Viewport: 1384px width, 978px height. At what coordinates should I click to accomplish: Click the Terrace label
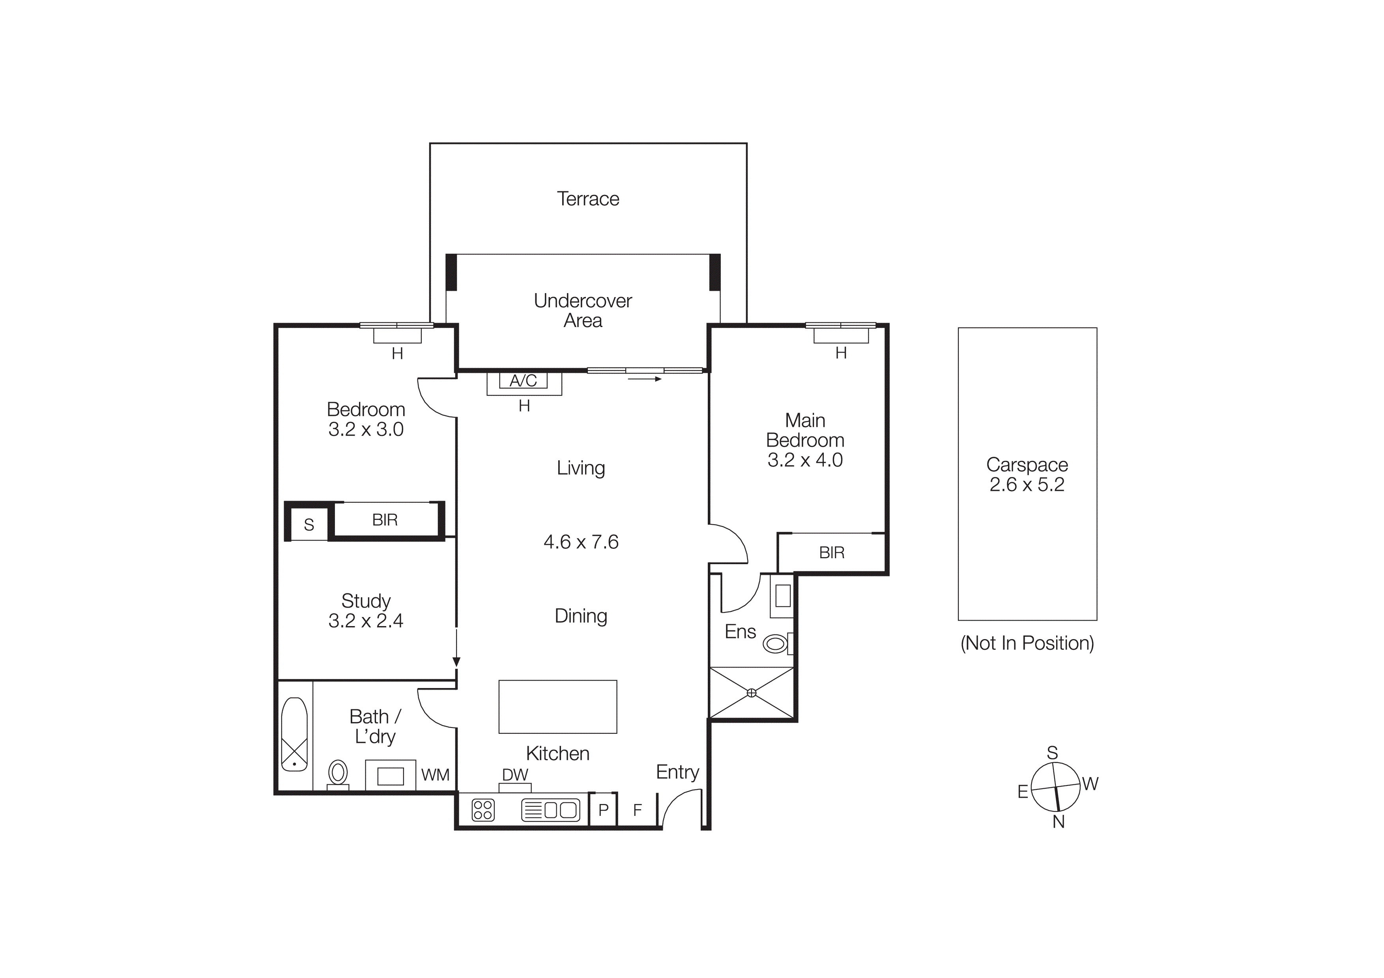pyautogui.click(x=588, y=199)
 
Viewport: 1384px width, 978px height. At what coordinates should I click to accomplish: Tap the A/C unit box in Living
pyautogui.click(x=523, y=381)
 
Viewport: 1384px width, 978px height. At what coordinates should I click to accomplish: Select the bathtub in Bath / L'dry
pyautogui.click(x=294, y=734)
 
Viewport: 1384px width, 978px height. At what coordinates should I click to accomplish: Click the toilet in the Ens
pyautogui.click(x=776, y=643)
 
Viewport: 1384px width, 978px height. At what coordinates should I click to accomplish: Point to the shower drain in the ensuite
pyautogui.click(x=752, y=693)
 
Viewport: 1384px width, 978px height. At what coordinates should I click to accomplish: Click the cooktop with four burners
pyautogui.click(x=483, y=810)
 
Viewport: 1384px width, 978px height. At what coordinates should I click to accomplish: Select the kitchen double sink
pyautogui.click(x=550, y=810)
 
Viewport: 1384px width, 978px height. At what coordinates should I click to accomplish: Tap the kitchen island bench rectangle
pyautogui.click(x=557, y=707)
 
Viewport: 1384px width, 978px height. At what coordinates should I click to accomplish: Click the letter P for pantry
pyautogui.click(x=603, y=810)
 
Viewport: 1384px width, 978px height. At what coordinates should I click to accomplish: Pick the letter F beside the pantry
pyautogui.click(x=637, y=810)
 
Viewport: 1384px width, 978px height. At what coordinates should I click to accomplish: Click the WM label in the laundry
pyautogui.click(x=435, y=775)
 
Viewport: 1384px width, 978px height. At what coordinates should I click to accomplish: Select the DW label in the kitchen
pyautogui.click(x=515, y=775)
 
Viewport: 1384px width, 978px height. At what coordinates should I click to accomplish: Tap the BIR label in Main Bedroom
pyautogui.click(x=831, y=553)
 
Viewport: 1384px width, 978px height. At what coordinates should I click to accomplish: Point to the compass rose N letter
pyautogui.click(x=1059, y=822)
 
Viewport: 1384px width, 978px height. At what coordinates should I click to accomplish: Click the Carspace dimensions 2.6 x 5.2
pyautogui.click(x=1027, y=484)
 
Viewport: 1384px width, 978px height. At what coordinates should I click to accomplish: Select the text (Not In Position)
pyautogui.click(x=1027, y=643)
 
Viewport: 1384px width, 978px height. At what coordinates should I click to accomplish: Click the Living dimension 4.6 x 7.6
pyautogui.click(x=580, y=542)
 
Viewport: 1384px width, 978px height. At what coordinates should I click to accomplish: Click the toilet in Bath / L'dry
pyautogui.click(x=338, y=772)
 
